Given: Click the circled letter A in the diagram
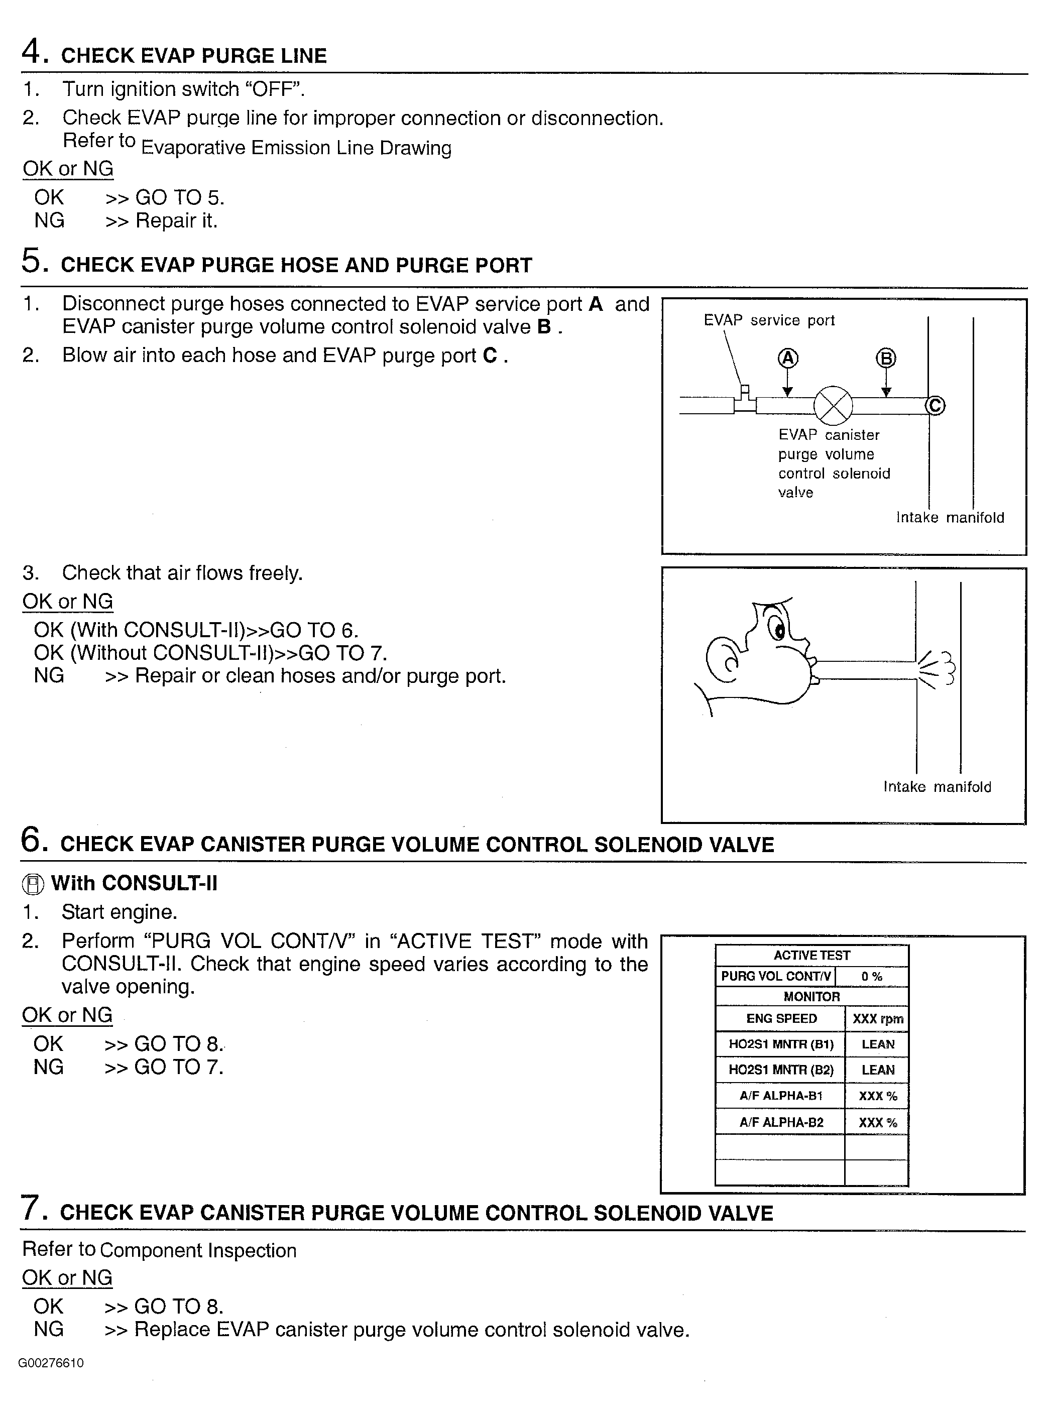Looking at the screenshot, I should pos(788,359).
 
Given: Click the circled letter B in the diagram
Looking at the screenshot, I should pos(886,359).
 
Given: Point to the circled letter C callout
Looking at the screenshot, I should pos(936,406).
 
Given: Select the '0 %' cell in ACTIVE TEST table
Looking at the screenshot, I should pos(871,977).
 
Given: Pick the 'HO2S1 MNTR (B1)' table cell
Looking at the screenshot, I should pos(781,1044).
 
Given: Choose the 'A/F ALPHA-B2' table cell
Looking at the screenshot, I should pos(781,1122).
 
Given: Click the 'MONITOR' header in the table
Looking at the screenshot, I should pos(811,997).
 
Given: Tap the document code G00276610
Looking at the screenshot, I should pos(51,1363).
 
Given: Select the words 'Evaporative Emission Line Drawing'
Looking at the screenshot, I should pos(296,148).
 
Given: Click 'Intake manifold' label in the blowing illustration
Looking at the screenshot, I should pos(937,787).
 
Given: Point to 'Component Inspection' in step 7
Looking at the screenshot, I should pos(198,1250).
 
